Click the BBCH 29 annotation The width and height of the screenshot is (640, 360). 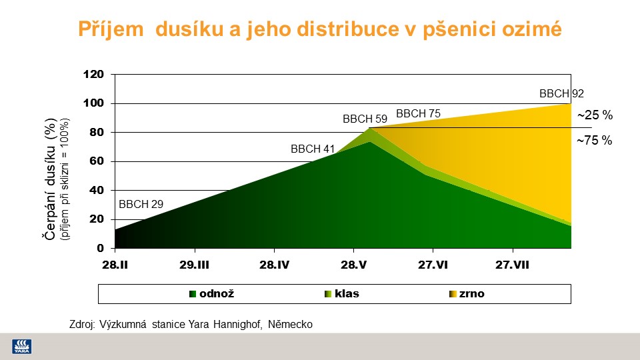tap(141, 204)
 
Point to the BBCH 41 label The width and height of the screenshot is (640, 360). tap(313, 149)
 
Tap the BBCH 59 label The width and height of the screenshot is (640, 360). tap(365, 119)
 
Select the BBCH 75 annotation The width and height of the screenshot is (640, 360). tap(419, 113)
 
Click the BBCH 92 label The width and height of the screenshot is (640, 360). tap(561, 93)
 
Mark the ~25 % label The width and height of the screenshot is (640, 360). tap(595, 115)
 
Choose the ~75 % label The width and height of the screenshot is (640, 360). tap(594, 141)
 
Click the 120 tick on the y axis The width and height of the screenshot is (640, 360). tap(93, 74)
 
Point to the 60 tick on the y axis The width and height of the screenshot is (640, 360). tap(97, 161)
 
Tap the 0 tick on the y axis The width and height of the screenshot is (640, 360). tap(101, 248)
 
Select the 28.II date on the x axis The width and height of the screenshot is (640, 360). tap(115, 265)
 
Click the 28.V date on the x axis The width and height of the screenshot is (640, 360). tap(354, 265)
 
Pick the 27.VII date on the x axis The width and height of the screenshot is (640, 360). tap(512, 265)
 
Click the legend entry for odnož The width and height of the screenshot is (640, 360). tap(212, 294)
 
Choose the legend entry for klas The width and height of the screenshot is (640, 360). tap(341, 294)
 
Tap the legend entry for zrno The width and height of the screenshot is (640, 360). tap(467, 294)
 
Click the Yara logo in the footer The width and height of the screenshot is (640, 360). tap(21, 347)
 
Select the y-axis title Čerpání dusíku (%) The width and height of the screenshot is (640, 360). tap(50, 179)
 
